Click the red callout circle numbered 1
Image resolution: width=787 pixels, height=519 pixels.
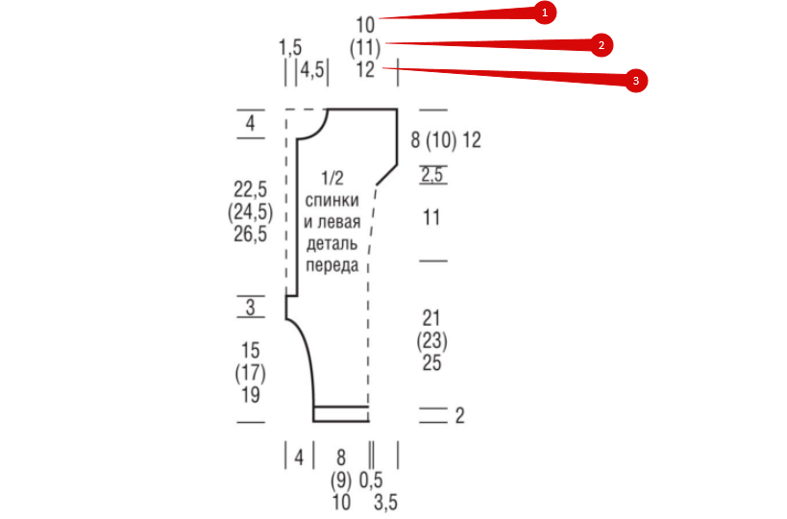click(545, 12)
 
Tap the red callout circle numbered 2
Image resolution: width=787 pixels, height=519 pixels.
click(602, 45)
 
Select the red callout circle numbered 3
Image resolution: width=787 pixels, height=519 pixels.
click(636, 81)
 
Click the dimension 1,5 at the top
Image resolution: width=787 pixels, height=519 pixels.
click(290, 48)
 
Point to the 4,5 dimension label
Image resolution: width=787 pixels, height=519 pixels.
click(312, 69)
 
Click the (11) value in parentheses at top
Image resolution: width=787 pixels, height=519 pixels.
click(365, 48)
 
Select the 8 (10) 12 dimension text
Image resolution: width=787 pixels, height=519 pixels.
click(446, 140)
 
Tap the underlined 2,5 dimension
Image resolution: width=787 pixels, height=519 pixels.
click(432, 175)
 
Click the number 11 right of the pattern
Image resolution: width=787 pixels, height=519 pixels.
click(431, 218)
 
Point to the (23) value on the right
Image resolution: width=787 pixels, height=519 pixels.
click(431, 341)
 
